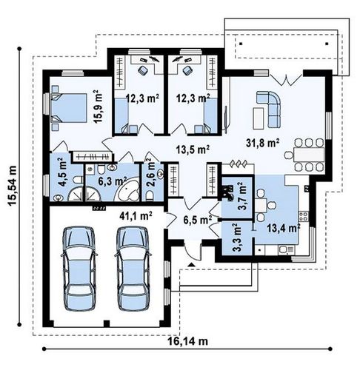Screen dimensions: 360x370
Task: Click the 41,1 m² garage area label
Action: click(136, 216)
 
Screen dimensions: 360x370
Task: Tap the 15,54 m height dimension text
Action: click(13, 185)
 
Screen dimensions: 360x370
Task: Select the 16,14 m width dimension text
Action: click(187, 341)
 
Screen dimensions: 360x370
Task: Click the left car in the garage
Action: click(79, 268)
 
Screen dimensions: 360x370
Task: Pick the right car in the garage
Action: click(133, 268)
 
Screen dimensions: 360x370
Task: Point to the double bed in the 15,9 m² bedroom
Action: click(69, 108)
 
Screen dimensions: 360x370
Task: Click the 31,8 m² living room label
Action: click(262, 143)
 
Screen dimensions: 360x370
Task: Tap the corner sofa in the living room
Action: click(270, 109)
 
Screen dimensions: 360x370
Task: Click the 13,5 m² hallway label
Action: click(193, 149)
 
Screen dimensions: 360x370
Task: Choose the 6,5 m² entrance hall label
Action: click(198, 220)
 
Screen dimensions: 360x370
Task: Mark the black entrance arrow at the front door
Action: click(191, 265)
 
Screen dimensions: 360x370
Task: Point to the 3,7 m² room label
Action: click(241, 196)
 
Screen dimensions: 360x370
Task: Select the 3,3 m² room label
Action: click(238, 238)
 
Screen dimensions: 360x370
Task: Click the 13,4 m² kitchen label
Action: click(284, 228)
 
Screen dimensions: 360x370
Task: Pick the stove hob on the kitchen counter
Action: click(303, 217)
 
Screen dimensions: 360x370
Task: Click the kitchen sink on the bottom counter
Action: click(287, 250)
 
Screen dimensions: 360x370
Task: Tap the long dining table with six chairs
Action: click(309, 155)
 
